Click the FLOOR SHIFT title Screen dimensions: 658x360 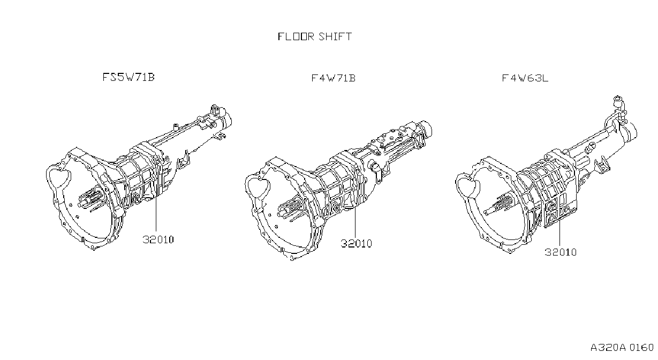315,36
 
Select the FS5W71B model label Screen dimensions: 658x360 128,77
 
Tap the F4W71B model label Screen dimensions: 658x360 334,78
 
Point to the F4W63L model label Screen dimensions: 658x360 525,78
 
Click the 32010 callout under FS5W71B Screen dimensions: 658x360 158,239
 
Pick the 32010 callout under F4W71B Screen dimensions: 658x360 356,243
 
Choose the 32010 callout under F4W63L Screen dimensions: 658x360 561,252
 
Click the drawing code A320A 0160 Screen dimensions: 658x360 622,348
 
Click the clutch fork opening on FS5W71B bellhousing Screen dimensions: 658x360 59,177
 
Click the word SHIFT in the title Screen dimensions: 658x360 335,36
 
